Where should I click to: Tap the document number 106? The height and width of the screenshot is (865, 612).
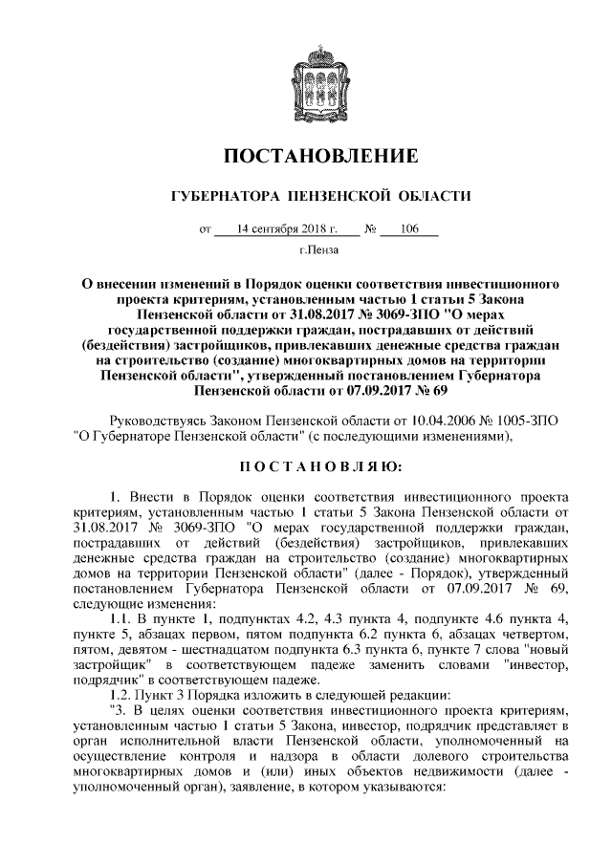413,229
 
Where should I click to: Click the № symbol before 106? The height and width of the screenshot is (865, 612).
373,229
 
